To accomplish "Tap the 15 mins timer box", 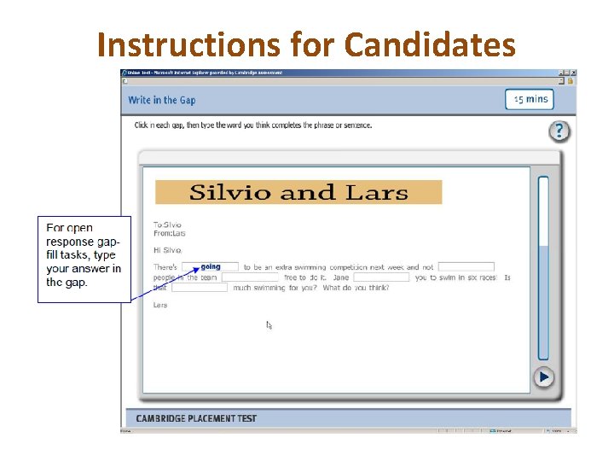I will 530,99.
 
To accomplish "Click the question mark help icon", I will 559,131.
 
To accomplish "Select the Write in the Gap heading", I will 161,100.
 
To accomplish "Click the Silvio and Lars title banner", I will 298,192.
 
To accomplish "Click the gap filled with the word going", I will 210,267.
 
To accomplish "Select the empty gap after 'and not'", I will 466,267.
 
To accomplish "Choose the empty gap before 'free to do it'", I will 250,277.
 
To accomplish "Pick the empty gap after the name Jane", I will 381,277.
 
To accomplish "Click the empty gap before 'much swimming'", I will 200,288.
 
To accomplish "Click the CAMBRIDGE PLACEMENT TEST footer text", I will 196,418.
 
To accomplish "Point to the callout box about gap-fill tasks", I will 84,258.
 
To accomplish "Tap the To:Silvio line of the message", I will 167,225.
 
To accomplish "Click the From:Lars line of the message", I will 169,233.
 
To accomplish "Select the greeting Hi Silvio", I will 167,250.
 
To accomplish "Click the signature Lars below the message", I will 160,305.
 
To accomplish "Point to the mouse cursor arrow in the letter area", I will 269,324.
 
